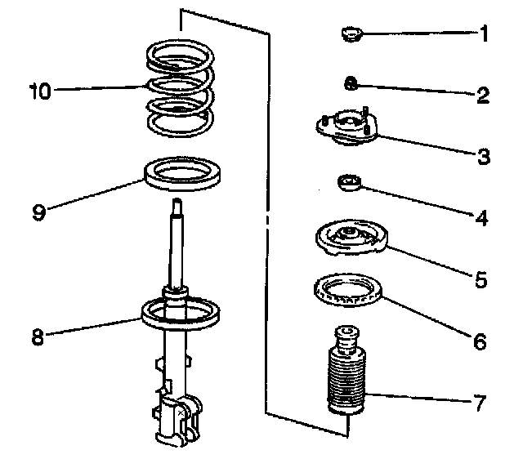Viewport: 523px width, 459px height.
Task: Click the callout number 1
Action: [x=484, y=34]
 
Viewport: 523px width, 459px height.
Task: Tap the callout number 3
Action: [x=484, y=156]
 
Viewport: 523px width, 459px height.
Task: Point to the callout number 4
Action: [x=483, y=218]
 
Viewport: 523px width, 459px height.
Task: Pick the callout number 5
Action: [x=481, y=280]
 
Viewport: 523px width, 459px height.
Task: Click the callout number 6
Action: [x=481, y=341]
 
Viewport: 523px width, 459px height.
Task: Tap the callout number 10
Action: [x=38, y=90]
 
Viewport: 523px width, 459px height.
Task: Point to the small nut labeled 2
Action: [x=350, y=82]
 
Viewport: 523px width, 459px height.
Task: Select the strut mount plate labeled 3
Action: [x=346, y=128]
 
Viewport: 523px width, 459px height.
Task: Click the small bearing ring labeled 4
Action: [x=349, y=182]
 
